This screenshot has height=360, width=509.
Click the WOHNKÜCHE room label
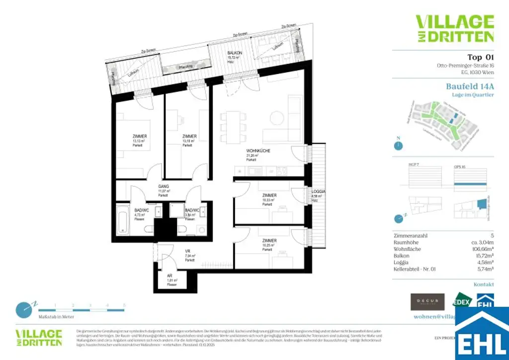pos(258,150)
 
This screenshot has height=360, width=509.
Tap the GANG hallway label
pos(164,186)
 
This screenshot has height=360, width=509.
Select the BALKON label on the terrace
pos(235,52)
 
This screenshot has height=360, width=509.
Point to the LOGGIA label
pos(319,191)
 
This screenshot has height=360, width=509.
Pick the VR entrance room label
pos(188,251)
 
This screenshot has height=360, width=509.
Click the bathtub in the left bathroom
pos(124,220)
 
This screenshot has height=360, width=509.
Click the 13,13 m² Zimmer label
pos(140,136)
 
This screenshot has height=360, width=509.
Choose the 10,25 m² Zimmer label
pos(269,241)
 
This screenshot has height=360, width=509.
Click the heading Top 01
pos(481,57)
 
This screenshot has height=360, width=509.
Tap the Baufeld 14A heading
pos(470,86)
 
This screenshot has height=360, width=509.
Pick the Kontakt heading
pos(483,284)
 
